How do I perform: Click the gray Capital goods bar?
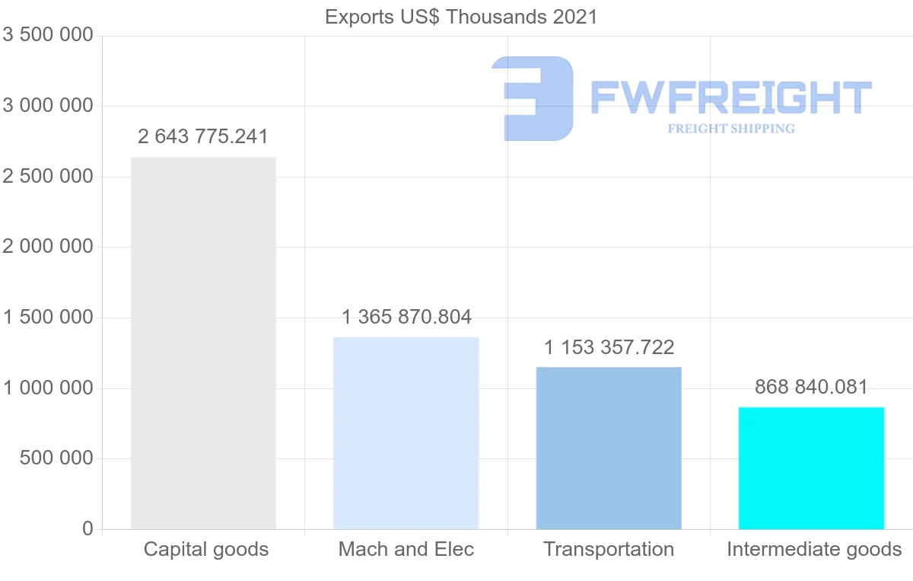click(x=203, y=343)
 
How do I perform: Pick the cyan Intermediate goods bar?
click(x=811, y=468)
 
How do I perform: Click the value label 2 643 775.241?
click(x=203, y=137)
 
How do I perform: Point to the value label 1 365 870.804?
click(x=406, y=317)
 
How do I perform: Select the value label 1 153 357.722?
click(x=609, y=348)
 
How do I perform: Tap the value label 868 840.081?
click(x=811, y=387)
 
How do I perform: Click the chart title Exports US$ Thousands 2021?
click(x=461, y=17)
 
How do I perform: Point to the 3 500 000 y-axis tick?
click(x=48, y=36)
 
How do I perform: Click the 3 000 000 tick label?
click(x=48, y=106)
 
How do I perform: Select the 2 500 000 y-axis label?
click(x=48, y=177)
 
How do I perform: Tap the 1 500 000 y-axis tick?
click(x=48, y=318)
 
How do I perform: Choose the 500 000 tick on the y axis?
click(x=57, y=458)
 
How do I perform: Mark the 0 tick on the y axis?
click(x=87, y=529)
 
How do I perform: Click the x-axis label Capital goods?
click(x=206, y=549)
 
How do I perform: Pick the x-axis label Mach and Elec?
click(x=406, y=549)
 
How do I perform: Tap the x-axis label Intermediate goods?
click(x=814, y=549)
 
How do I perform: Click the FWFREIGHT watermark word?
click(x=730, y=97)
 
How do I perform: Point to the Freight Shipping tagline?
click(x=731, y=129)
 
